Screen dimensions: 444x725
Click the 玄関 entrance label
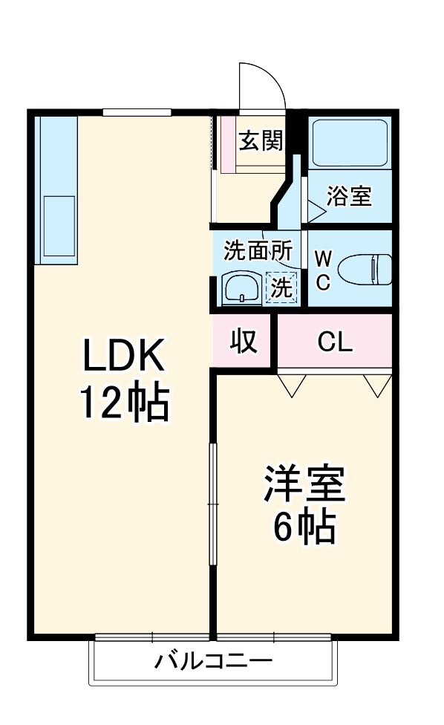tap(261, 140)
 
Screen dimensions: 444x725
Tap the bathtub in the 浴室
tap(350, 143)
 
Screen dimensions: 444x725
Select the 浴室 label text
tap(349, 196)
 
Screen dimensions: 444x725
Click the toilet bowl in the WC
tap(365, 270)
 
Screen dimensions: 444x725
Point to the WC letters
tap(323, 270)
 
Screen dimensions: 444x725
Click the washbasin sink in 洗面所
tap(241, 288)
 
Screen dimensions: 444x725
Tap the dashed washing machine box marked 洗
tap(281, 287)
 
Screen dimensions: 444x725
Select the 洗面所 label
tap(258, 251)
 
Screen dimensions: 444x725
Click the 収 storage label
tap(244, 342)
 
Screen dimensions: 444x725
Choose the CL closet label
tap(335, 342)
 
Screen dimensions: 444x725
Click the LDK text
tap(123, 355)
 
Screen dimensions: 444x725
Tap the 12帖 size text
tap(125, 401)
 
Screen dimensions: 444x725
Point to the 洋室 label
tap(304, 483)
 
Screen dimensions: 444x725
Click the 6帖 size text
tap(304, 527)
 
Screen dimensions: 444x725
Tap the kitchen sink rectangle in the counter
tap(59, 226)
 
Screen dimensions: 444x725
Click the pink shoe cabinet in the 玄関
tap(228, 144)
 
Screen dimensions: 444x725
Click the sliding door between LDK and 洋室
tap(213, 504)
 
